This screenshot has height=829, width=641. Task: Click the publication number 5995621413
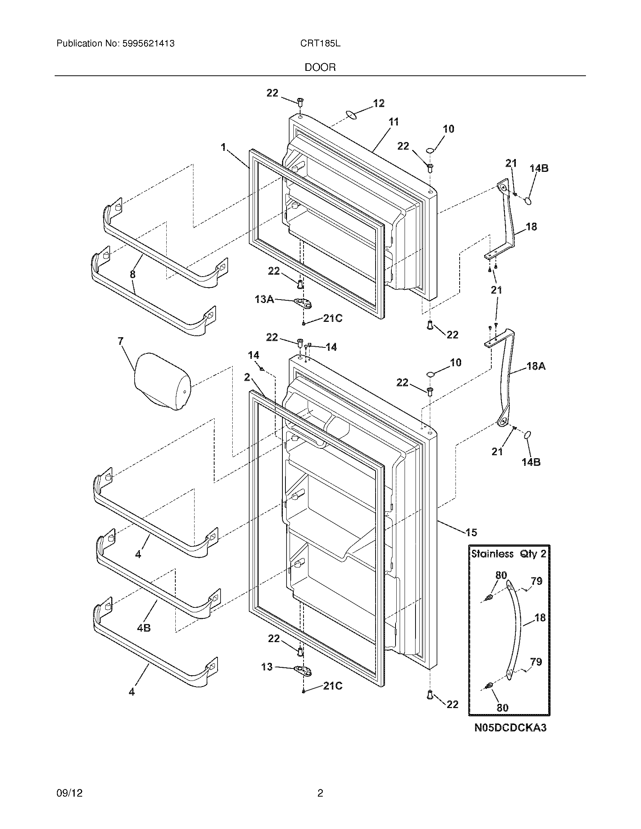tap(149, 44)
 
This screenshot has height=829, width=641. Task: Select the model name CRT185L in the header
tap(320, 44)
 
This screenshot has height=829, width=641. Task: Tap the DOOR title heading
tap(320, 67)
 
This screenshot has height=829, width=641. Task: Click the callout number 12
tap(379, 103)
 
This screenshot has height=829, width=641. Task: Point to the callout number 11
tap(394, 122)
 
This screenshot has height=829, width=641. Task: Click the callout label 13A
tap(264, 300)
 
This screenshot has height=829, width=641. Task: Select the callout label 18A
tap(536, 366)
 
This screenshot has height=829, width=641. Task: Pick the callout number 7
tap(120, 341)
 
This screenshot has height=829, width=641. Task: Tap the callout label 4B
tap(144, 628)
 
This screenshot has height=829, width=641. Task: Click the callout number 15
tap(471, 532)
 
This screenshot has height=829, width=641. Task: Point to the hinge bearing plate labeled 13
tap(303, 671)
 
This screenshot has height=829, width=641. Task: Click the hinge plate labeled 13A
tap(303, 303)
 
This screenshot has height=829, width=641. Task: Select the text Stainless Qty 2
tap(509, 554)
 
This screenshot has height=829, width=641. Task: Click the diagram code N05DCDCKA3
tap(510, 728)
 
